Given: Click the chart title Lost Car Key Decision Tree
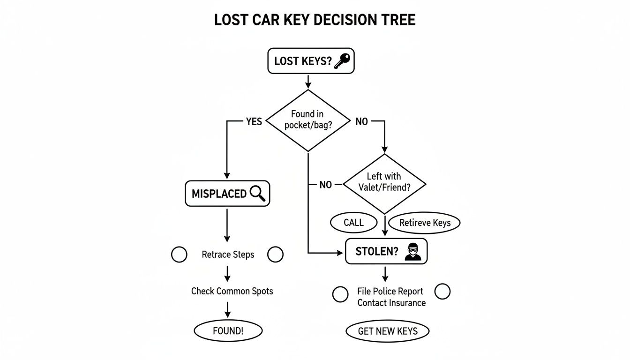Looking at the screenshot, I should click(x=315, y=21).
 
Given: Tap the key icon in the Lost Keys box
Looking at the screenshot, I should click(x=342, y=61).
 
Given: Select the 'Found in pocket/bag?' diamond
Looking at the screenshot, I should click(x=307, y=120).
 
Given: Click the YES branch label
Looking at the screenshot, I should click(x=254, y=122).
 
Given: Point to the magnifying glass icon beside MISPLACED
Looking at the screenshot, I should click(x=258, y=194).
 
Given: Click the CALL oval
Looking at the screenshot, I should click(x=353, y=223).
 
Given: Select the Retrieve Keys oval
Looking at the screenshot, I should click(x=425, y=223).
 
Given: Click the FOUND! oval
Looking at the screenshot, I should click(x=228, y=330).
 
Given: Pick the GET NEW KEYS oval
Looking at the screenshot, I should click(x=388, y=331).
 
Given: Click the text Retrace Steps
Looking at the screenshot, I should click(x=228, y=255).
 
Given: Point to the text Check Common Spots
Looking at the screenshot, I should click(x=232, y=291).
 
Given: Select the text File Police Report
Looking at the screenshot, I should click(x=390, y=291).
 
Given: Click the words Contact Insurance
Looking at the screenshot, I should click(x=391, y=303).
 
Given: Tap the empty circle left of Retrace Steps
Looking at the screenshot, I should click(x=179, y=255).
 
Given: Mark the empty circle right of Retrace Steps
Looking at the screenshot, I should click(x=275, y=255).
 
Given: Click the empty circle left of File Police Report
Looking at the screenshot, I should click(x=340, y=294).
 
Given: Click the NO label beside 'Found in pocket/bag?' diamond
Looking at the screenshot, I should click(x=361, y=122).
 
